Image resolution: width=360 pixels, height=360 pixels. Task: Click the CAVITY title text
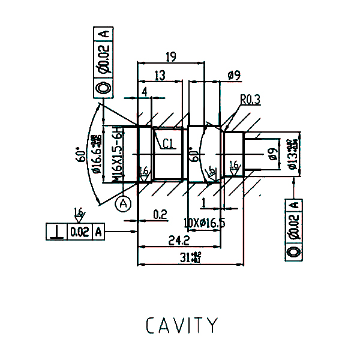(182, 325)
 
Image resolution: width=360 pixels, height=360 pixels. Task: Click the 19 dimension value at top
(170, 57)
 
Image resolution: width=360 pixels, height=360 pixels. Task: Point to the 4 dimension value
(145, 91)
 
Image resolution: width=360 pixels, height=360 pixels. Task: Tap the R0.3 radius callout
(250, 100)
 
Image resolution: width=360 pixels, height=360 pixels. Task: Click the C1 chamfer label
(167, 143)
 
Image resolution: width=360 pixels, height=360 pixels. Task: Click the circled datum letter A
(124, 204)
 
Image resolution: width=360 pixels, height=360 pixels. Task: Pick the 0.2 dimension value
(160, 214)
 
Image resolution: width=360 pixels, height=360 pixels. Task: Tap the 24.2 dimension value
(179, 240)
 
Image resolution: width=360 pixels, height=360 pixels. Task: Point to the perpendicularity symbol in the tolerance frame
(58, 231)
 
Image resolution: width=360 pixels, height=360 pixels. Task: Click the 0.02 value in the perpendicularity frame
(80, 231)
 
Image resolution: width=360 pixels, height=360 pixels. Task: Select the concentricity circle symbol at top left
(103, 89)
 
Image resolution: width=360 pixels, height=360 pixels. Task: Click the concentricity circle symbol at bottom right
(294, 252)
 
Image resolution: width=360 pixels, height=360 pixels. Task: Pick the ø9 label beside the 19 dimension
(234, 75)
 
